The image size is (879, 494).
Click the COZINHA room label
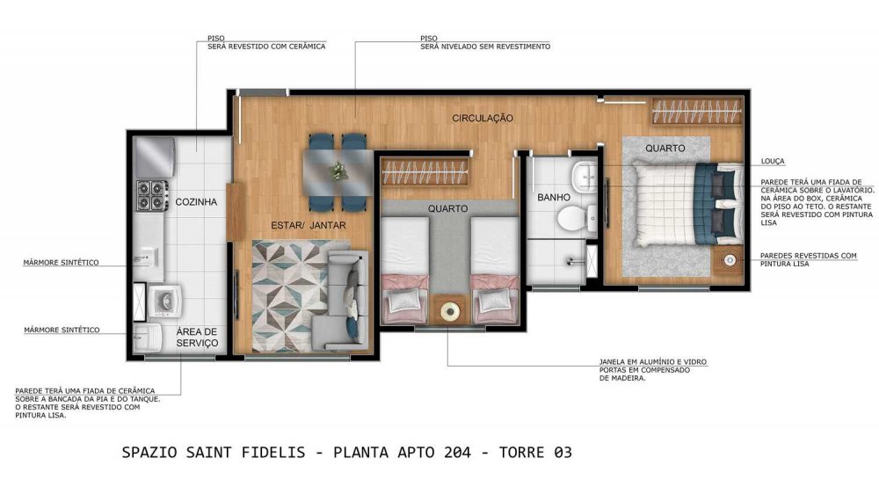point(196,202)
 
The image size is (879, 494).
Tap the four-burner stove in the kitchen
point(152,195)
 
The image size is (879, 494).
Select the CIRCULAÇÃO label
point(483,119)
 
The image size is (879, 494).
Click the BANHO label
point(554,198)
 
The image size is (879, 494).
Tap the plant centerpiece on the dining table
point(338,171)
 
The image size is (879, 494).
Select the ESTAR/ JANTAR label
point(309,225)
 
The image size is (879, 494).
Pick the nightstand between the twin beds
point(449,310)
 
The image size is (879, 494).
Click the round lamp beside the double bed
point(730,261)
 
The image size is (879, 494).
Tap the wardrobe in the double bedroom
point(696,111)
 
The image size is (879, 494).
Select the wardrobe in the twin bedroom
point(425,171)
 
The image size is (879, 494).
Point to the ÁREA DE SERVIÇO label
point(197,337)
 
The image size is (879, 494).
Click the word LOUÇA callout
point(773,162)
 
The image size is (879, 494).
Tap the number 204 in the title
point(457,453)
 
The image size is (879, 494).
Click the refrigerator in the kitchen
point(156,156)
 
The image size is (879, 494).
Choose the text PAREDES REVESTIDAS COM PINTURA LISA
point(809,259)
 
